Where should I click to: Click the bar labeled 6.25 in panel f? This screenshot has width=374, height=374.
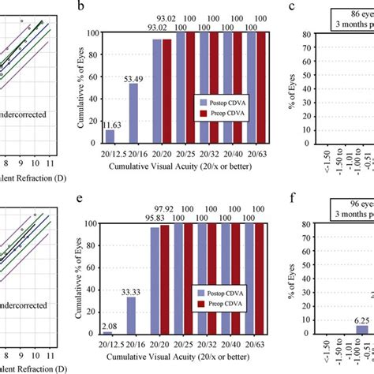point(339,330)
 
